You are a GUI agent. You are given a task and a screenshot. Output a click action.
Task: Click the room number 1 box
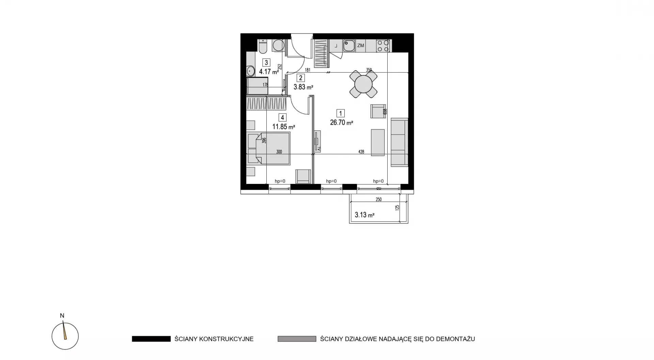340,113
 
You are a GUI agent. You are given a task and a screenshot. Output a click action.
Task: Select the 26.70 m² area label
341,123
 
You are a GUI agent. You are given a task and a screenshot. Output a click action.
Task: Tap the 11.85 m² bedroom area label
283,127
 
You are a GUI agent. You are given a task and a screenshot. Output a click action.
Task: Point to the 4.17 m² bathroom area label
269,72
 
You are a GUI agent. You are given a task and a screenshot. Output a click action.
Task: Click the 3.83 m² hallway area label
303,87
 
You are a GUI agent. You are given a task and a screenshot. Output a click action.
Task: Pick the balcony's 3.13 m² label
364,215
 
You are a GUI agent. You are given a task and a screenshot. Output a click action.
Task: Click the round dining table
363,84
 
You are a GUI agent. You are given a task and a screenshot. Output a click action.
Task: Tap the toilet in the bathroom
263,46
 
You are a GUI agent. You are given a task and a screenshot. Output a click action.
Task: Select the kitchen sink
349,46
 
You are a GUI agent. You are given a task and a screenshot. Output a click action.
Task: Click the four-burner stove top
383,46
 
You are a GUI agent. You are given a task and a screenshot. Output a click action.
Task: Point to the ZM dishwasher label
360,45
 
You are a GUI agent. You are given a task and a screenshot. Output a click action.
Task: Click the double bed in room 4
268,148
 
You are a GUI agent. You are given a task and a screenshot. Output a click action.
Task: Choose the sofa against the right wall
399,142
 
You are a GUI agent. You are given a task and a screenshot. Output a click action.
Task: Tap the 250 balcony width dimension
378,200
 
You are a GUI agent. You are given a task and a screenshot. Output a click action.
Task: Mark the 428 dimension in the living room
361,152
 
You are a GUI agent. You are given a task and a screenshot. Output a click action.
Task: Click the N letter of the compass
62,316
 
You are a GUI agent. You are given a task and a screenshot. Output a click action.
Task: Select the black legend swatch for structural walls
151,339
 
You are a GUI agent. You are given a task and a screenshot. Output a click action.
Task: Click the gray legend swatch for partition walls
297,339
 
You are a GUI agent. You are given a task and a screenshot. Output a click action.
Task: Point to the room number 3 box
266,63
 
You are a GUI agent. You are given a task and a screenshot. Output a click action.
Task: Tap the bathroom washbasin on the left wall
250,71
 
